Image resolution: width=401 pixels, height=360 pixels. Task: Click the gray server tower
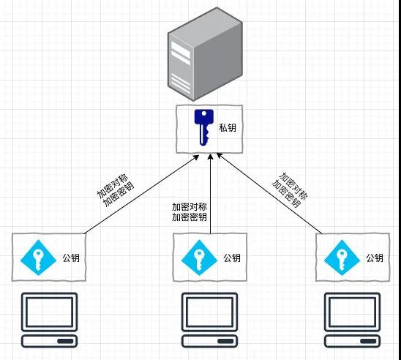click(205, 53)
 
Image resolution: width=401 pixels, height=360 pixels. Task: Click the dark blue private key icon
click(204, 127)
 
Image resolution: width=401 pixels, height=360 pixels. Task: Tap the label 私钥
click(228, 127)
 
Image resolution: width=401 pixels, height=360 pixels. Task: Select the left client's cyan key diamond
click(38, 258)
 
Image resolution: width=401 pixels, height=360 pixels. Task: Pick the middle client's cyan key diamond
click(199, 258)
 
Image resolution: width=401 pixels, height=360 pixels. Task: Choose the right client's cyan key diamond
click(342, 258)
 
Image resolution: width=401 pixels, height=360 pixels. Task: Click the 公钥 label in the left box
click(71, 258)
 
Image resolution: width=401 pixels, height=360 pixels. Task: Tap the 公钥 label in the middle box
click(232, 258)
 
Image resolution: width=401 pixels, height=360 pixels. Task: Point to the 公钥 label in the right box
click(375, 258)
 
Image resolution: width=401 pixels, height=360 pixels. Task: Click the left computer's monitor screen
click(49, 312)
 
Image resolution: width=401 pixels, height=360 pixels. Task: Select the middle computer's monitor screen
click(210, 312)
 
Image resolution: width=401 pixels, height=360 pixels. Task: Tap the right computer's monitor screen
click(353, 312)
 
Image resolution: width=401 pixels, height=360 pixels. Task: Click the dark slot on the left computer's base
click(65, 341)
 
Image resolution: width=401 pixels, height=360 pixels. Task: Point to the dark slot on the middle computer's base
click(225, 341)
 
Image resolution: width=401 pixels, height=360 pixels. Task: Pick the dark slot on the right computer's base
click(368, 341)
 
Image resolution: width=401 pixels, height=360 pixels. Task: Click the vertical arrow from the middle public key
click(210, 194)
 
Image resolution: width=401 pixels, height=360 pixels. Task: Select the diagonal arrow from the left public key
click(142, 194)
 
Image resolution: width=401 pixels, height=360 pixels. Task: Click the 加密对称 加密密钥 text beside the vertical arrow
click(190, 212)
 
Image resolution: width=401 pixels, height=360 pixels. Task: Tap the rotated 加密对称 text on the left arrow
click(113, 187)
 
